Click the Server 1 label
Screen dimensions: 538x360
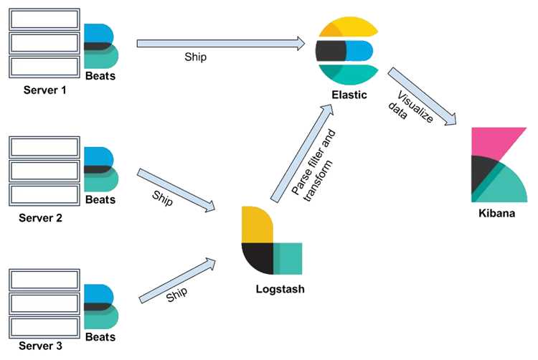pos(44,90)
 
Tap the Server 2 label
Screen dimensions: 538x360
pos(40,218)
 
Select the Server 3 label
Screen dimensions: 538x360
pos(40,346)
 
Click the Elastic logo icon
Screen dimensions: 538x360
pos(347,51)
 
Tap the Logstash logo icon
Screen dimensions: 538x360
pos(272,240)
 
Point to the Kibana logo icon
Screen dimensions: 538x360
pos(499,165)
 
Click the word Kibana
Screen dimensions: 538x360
pos(496,213)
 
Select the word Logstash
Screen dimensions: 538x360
pos(280,289)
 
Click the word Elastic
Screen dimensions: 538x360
pos(349,95)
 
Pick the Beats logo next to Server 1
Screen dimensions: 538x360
pos(101,46)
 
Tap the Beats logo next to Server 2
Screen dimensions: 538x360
pos(101,169)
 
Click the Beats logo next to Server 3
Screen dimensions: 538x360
pos(101,306)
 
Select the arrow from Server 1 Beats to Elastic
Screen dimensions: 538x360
pos(221,44)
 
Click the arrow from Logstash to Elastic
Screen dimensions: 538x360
pos(302,153)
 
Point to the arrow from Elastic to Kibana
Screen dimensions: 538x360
pos(423,96)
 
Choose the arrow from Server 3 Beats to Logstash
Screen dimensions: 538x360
pos(177,280)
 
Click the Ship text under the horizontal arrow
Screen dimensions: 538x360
pos(196,57)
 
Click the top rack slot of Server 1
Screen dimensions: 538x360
pos(44,19)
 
